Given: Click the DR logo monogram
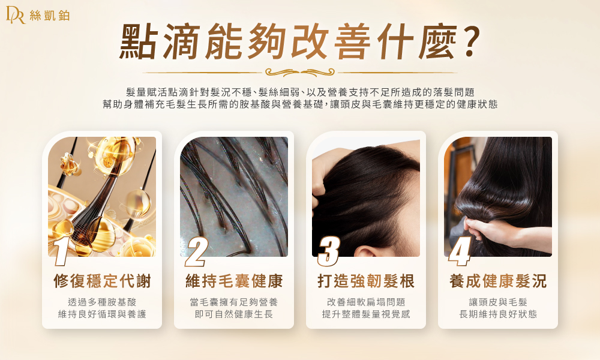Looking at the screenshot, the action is [16, 15].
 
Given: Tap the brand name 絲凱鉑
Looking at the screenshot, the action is [50, 16].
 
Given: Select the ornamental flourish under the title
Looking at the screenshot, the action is [299, 72].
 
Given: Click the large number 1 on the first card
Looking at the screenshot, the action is [61, 251].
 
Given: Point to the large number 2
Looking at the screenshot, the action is [196, 251].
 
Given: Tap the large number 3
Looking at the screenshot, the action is [329, 251].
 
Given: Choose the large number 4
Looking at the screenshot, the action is [460, 251].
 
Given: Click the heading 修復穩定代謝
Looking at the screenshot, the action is [102, 281].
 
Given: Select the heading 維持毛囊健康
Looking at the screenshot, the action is [234, 281].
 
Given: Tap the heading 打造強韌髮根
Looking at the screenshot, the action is [366, 281].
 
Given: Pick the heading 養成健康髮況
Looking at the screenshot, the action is [498, 281].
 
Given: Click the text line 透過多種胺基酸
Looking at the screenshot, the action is [102, 302].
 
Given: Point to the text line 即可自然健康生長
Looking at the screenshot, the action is [234, 314].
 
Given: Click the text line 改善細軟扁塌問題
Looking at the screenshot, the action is [366, 302].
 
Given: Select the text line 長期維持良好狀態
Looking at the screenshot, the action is [498, 314].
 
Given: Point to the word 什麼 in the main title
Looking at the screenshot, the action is [416, 41].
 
